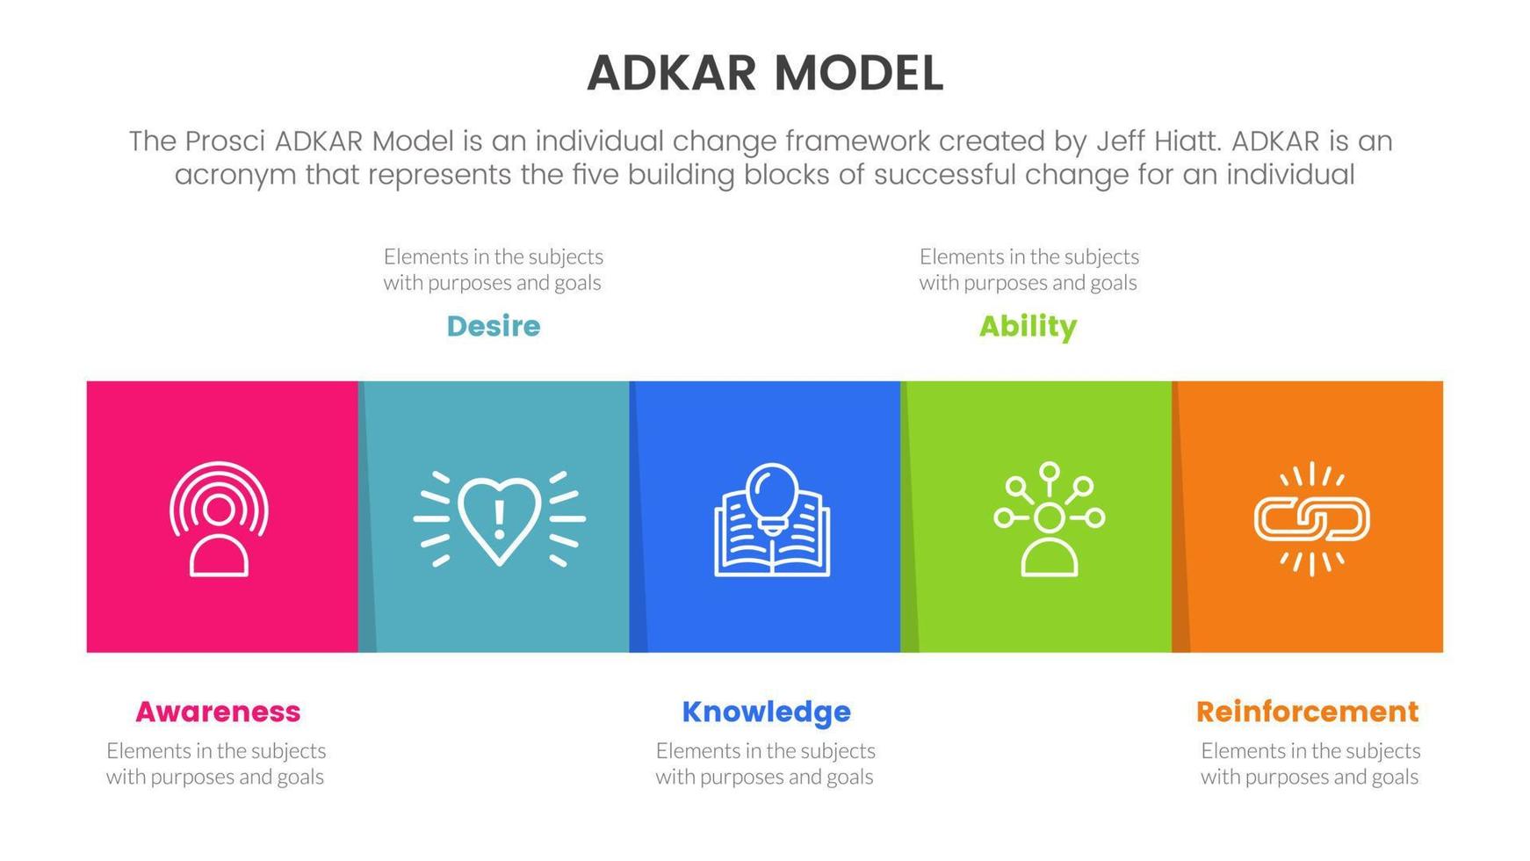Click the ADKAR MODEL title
765,74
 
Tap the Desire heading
494,327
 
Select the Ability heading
1028,327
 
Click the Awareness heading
218,712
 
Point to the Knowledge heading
766,712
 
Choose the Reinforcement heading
1307,712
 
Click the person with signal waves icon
219,518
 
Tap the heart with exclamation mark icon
499,519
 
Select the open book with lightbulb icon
772,519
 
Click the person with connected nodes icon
1049,519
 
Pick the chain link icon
1311,518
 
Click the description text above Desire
493,270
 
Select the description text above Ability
1028,270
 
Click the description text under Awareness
216,763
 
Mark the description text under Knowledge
765,763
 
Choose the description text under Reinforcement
1310,763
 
